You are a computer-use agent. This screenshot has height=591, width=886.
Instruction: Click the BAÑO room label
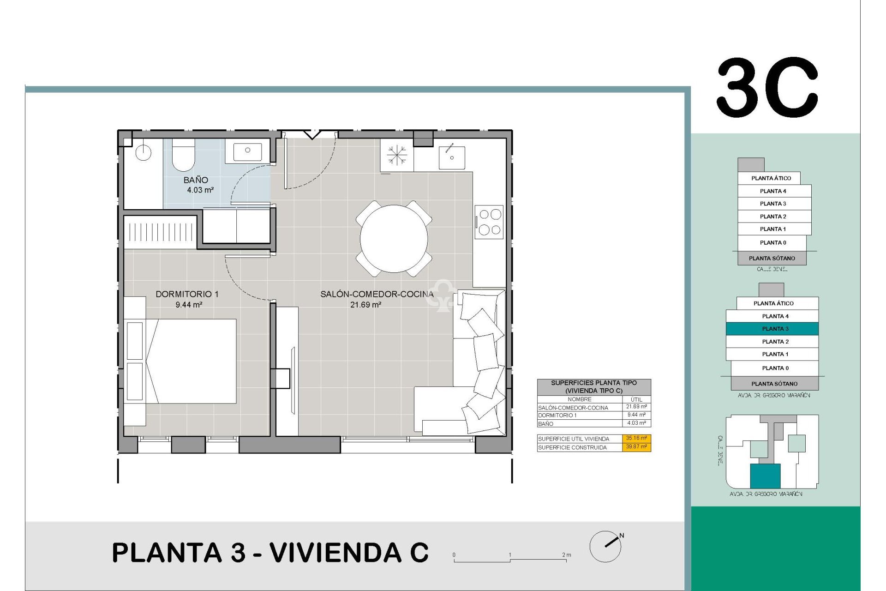[x=196, y=180]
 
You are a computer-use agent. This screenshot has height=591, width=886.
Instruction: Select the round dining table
[x=394, y=239]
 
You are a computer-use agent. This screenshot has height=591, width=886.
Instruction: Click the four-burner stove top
[x=490, y=222]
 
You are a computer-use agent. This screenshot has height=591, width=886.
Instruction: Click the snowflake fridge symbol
[x=397, y=155]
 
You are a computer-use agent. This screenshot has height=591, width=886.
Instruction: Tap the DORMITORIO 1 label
[x=187, y=294]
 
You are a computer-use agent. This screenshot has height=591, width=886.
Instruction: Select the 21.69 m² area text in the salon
[x=365, y=305]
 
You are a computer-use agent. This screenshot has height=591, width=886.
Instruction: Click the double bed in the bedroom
[x=192, y=361]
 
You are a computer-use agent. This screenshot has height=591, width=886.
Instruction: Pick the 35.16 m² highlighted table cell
[x=636, y=438]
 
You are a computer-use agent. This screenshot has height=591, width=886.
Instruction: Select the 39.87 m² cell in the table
[x=636, y=447]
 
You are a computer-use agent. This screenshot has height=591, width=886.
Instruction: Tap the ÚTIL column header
[x=636, y=399]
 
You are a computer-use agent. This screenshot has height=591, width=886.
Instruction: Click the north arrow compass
[x=606, y=546]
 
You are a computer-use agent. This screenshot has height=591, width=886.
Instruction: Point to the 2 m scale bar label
[x=567, y=555]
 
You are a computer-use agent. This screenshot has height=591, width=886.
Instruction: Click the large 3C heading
[x=767, y=88]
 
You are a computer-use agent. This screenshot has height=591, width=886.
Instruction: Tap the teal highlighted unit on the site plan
[x=765, y=476]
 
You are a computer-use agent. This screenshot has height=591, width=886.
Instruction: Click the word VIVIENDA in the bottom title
[x=335, y=553]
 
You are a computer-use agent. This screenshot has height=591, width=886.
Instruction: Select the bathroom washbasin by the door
[x=247, y=151]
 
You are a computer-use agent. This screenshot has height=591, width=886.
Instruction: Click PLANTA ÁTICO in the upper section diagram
[x=771, y=178]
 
